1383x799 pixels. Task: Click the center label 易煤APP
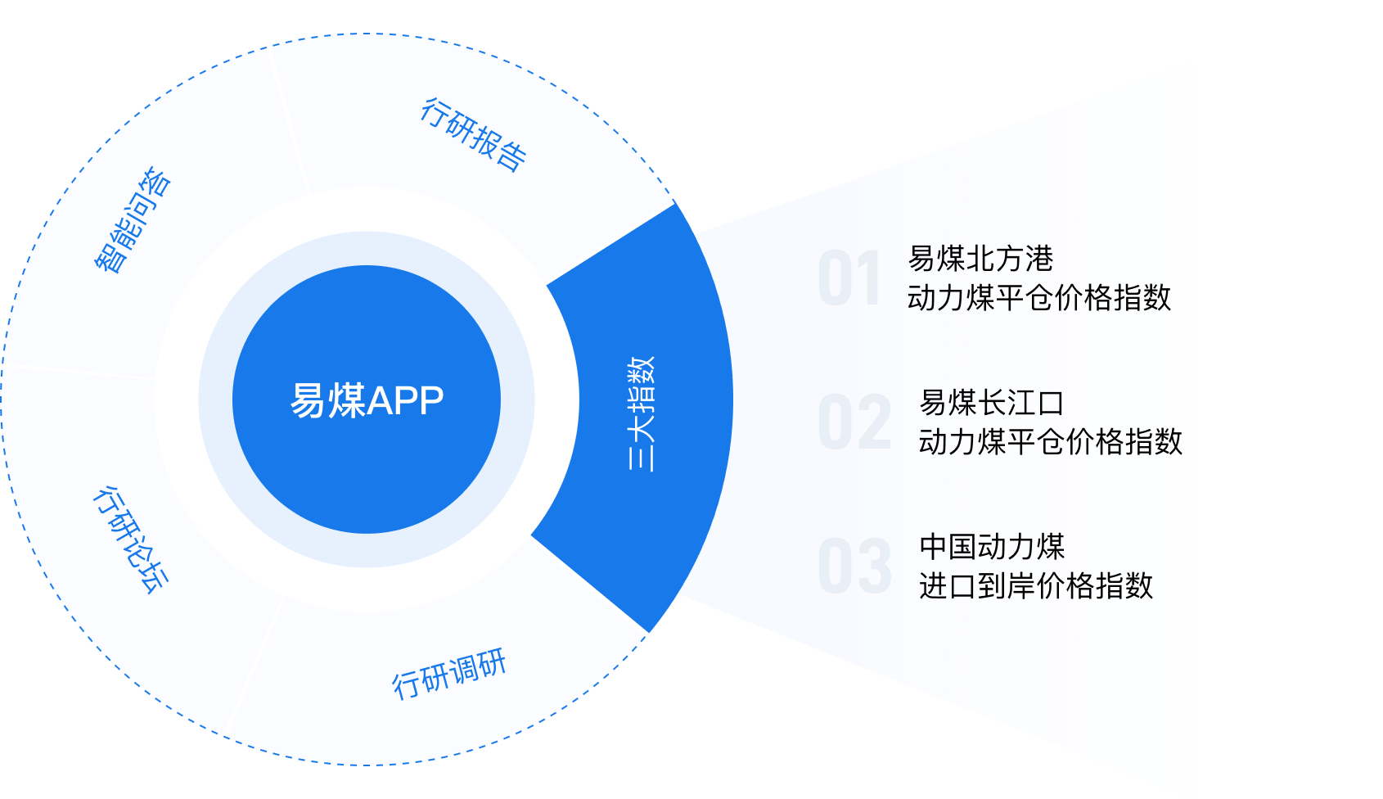pyautogui.click(x=367, y=400)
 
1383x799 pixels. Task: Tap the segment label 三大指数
pyautogui.click(x=642, y=413)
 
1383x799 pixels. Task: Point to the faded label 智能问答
pyautogui.click(x=132, y=219)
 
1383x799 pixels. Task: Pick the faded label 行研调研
pyautogui.click(x=449, y=674)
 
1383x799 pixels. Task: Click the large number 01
pyautogui.click(x=849, y=279)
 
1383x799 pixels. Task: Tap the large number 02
pyautogui.click(x=854, y=422)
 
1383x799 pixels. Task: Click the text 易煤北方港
pyautogui.click(x=980, y=259)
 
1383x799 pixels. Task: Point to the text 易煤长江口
pyautogui.click(x=991, y=403)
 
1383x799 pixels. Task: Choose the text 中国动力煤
pyautogui.click(x=992, y=546)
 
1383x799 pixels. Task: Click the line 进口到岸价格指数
pyautogui.click(x=1036, y=586)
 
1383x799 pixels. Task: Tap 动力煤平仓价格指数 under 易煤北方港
pyautogui.click(x=1039, y=298)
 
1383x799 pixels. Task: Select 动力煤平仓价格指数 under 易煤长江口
pyautogui.click(x=1051, y=442)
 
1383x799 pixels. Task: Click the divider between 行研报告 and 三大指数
pyautogui.click(x=610, y=242)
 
